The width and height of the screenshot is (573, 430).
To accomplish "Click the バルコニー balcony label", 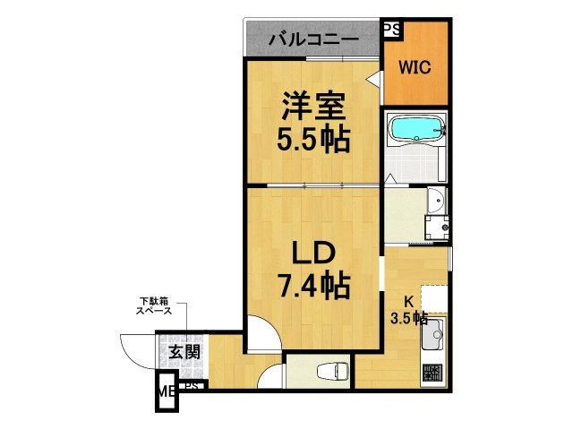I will [313, 40].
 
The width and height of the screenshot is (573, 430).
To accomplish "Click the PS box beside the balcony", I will [391, 29].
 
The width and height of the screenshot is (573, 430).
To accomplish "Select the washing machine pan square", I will [436, 227].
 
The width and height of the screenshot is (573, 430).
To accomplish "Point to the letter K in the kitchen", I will [407, 302].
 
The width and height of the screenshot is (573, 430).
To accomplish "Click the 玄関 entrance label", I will [184, 352].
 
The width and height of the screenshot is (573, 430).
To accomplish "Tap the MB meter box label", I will [166, 391].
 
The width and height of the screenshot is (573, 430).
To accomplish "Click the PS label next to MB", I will [190, 386].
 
